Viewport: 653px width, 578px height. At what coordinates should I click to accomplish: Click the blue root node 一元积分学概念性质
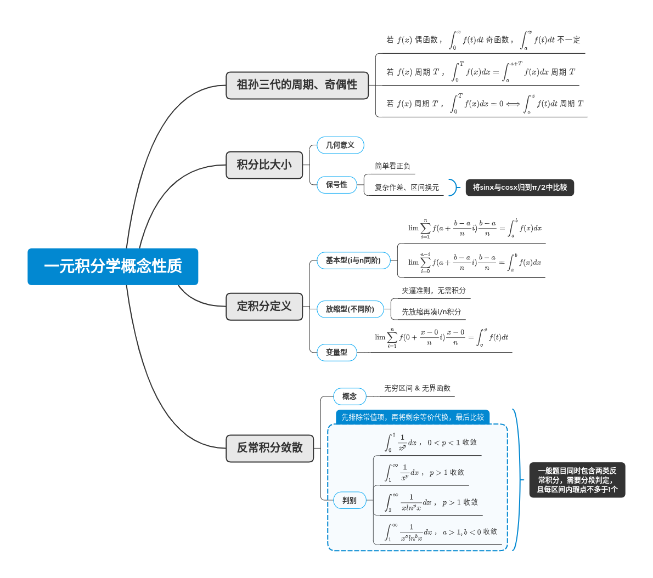pyautogui.click(x=112, y=267)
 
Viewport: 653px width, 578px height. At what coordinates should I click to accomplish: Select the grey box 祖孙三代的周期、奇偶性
pyautogui.click(x=297, y=85)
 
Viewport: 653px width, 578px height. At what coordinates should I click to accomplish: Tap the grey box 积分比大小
pyautogui.click(x=264, y=165)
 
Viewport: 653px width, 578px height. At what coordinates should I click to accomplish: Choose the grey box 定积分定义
pyautogui.click(x=264, y=307)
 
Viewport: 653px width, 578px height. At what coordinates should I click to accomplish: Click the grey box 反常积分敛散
pyautogui.click(x=269, y=448)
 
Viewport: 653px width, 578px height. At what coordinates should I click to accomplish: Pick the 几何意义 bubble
pyautogui.click(x=340, y=145)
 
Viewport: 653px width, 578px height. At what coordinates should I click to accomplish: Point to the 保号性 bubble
pyautogui.click(x=336, y=185)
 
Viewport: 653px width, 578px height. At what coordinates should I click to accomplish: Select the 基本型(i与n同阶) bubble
pyautogui.click(x=353, y=260)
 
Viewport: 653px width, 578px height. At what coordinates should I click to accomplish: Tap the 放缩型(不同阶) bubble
pyautogui.click(x=350, y=309)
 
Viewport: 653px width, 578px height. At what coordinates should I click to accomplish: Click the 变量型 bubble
pyautogui.click(x=336, y=353)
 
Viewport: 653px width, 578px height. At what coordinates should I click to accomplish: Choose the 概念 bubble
pyautogui.click(x=350, y=396)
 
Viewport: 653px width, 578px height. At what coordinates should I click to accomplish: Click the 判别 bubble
pyautogui.click(x=350, y=501)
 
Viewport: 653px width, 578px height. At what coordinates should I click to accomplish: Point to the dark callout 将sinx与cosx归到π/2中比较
pyautogui.click(x=520, y=188)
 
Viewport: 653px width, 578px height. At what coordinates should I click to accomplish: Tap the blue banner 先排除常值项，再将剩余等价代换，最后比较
pyautogui.click(x=413, y=417)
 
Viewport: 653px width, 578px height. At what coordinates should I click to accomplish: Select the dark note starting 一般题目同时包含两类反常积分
pyautogui.click(x=577, y=480)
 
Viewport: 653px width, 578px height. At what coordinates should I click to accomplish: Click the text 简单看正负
pyautogui.click(x=392, y=166)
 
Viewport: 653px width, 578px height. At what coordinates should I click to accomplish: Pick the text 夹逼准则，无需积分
pyautogui.click(x=434, y=291)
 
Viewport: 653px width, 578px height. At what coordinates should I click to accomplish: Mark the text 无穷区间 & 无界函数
pyautogui.click(x=417, y=388)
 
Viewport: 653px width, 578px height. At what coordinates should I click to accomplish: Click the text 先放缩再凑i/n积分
pyautogui.click(x=431, y=312)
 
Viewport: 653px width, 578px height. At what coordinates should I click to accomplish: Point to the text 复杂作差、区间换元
pyautogui.click(x=407, y=188)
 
